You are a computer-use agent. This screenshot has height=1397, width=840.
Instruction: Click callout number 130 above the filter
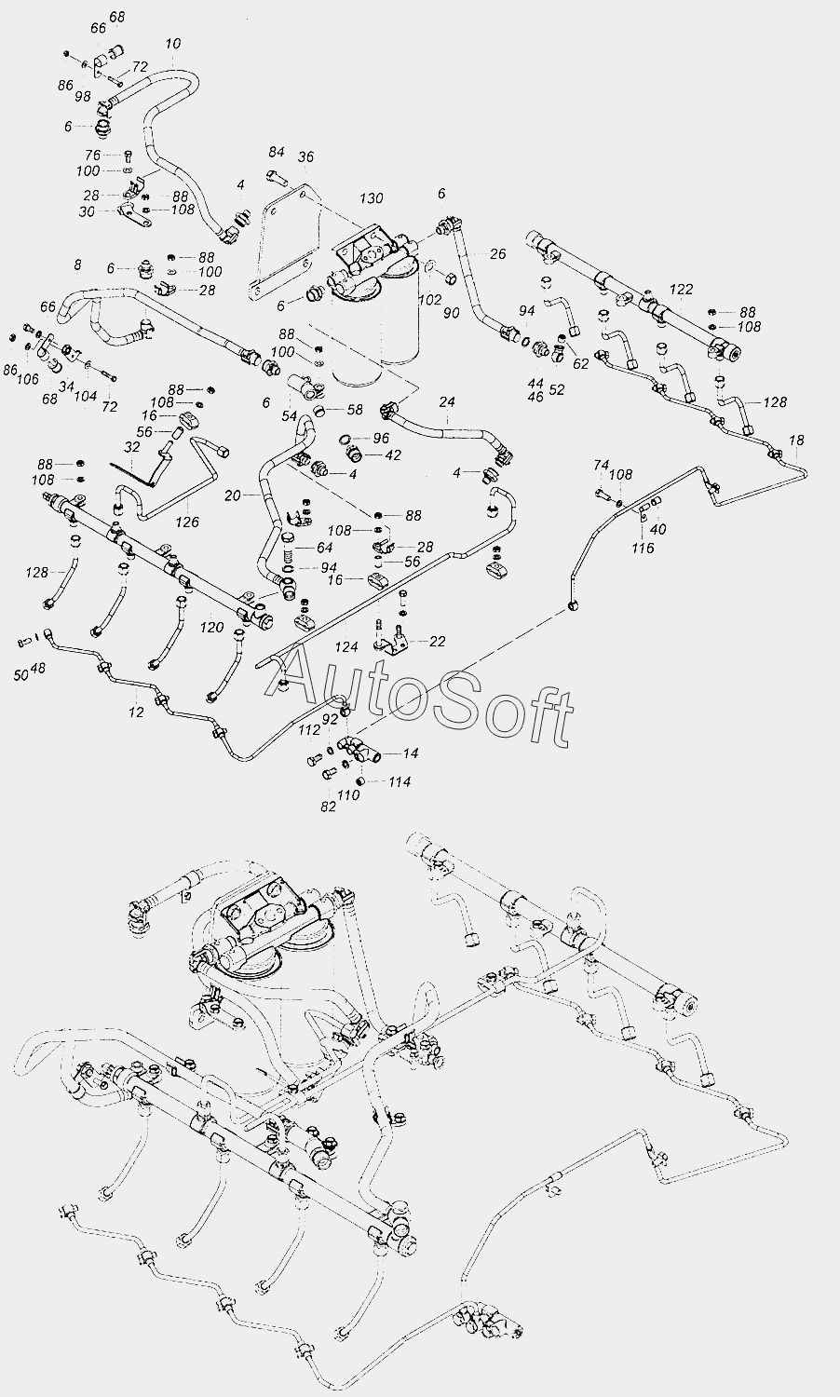(371, 198)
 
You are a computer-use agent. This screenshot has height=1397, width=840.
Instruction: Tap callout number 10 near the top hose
(172, 44)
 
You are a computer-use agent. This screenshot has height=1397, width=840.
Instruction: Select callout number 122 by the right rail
(681, 291)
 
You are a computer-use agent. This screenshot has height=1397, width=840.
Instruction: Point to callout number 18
(796, 440)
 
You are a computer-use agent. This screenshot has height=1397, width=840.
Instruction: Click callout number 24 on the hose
(447, 402)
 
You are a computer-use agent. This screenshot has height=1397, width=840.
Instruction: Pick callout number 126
(188, 522)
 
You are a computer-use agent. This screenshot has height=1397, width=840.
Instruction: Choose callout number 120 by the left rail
(212, 628)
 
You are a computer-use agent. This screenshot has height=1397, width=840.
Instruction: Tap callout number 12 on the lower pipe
(137, 712)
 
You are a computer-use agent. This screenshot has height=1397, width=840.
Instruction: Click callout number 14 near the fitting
(411, 753)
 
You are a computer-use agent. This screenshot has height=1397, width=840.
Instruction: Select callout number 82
(328, 807)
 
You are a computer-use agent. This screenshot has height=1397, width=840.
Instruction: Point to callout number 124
(346, 646)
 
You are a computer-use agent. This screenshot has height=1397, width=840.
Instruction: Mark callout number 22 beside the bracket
(437, 641)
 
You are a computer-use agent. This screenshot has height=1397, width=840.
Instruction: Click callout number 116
(643, 548)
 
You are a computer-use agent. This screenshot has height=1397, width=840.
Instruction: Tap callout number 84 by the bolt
(277, 152)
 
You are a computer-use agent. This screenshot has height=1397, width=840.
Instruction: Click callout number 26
(497, 253)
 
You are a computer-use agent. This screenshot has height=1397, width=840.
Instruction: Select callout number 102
(429, 300)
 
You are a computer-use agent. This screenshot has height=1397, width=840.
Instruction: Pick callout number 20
(233, 496)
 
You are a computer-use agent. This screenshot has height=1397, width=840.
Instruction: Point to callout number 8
(77, 265)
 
